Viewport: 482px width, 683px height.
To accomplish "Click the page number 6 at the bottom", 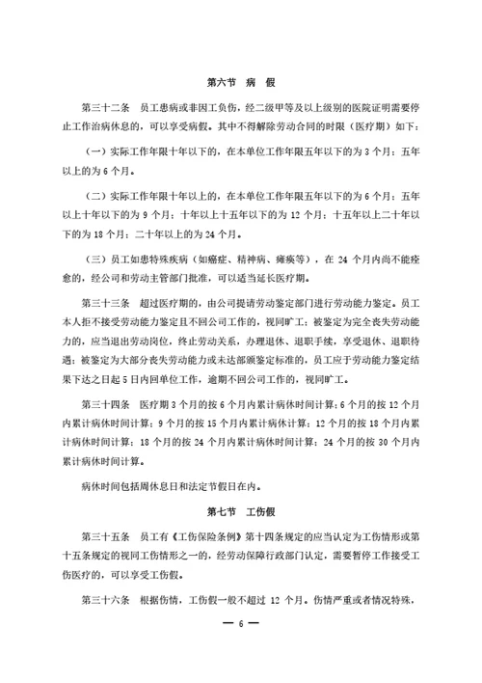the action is point(241,653).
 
